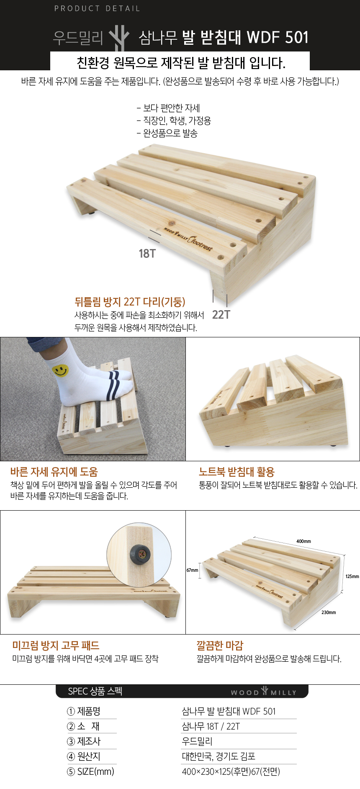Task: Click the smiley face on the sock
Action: (x=61, y=370)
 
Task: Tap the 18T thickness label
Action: (x=147, y=254)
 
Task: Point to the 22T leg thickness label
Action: (x=221, y=314)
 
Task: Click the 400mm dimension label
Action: (x=303, y=541)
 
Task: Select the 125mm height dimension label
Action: (x=352, y=576)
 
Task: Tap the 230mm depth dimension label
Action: (x=329, y=612)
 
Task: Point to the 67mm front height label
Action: (x=192, y=570)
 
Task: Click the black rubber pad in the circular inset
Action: (x=139, y=554)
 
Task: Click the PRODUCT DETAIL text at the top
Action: (x=97, y=8)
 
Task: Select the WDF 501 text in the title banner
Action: (x=278, y=38)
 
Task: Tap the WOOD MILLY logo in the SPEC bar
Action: (x=263, y=691)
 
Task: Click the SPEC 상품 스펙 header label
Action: (x=95, y=691)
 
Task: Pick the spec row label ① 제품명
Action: (x=83, y=711)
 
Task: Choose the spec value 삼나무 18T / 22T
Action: (x=211, y=726)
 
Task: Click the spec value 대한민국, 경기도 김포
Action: (x=219, y=756)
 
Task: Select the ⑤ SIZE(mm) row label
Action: (x=90, y=771)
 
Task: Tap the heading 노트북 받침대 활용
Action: (x=237, y=472)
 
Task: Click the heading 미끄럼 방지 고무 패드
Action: (x=56, y=645)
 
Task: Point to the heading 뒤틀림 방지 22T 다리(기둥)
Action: (x=130, y=302)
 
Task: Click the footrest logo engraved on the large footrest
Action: (x=188, y=239)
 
